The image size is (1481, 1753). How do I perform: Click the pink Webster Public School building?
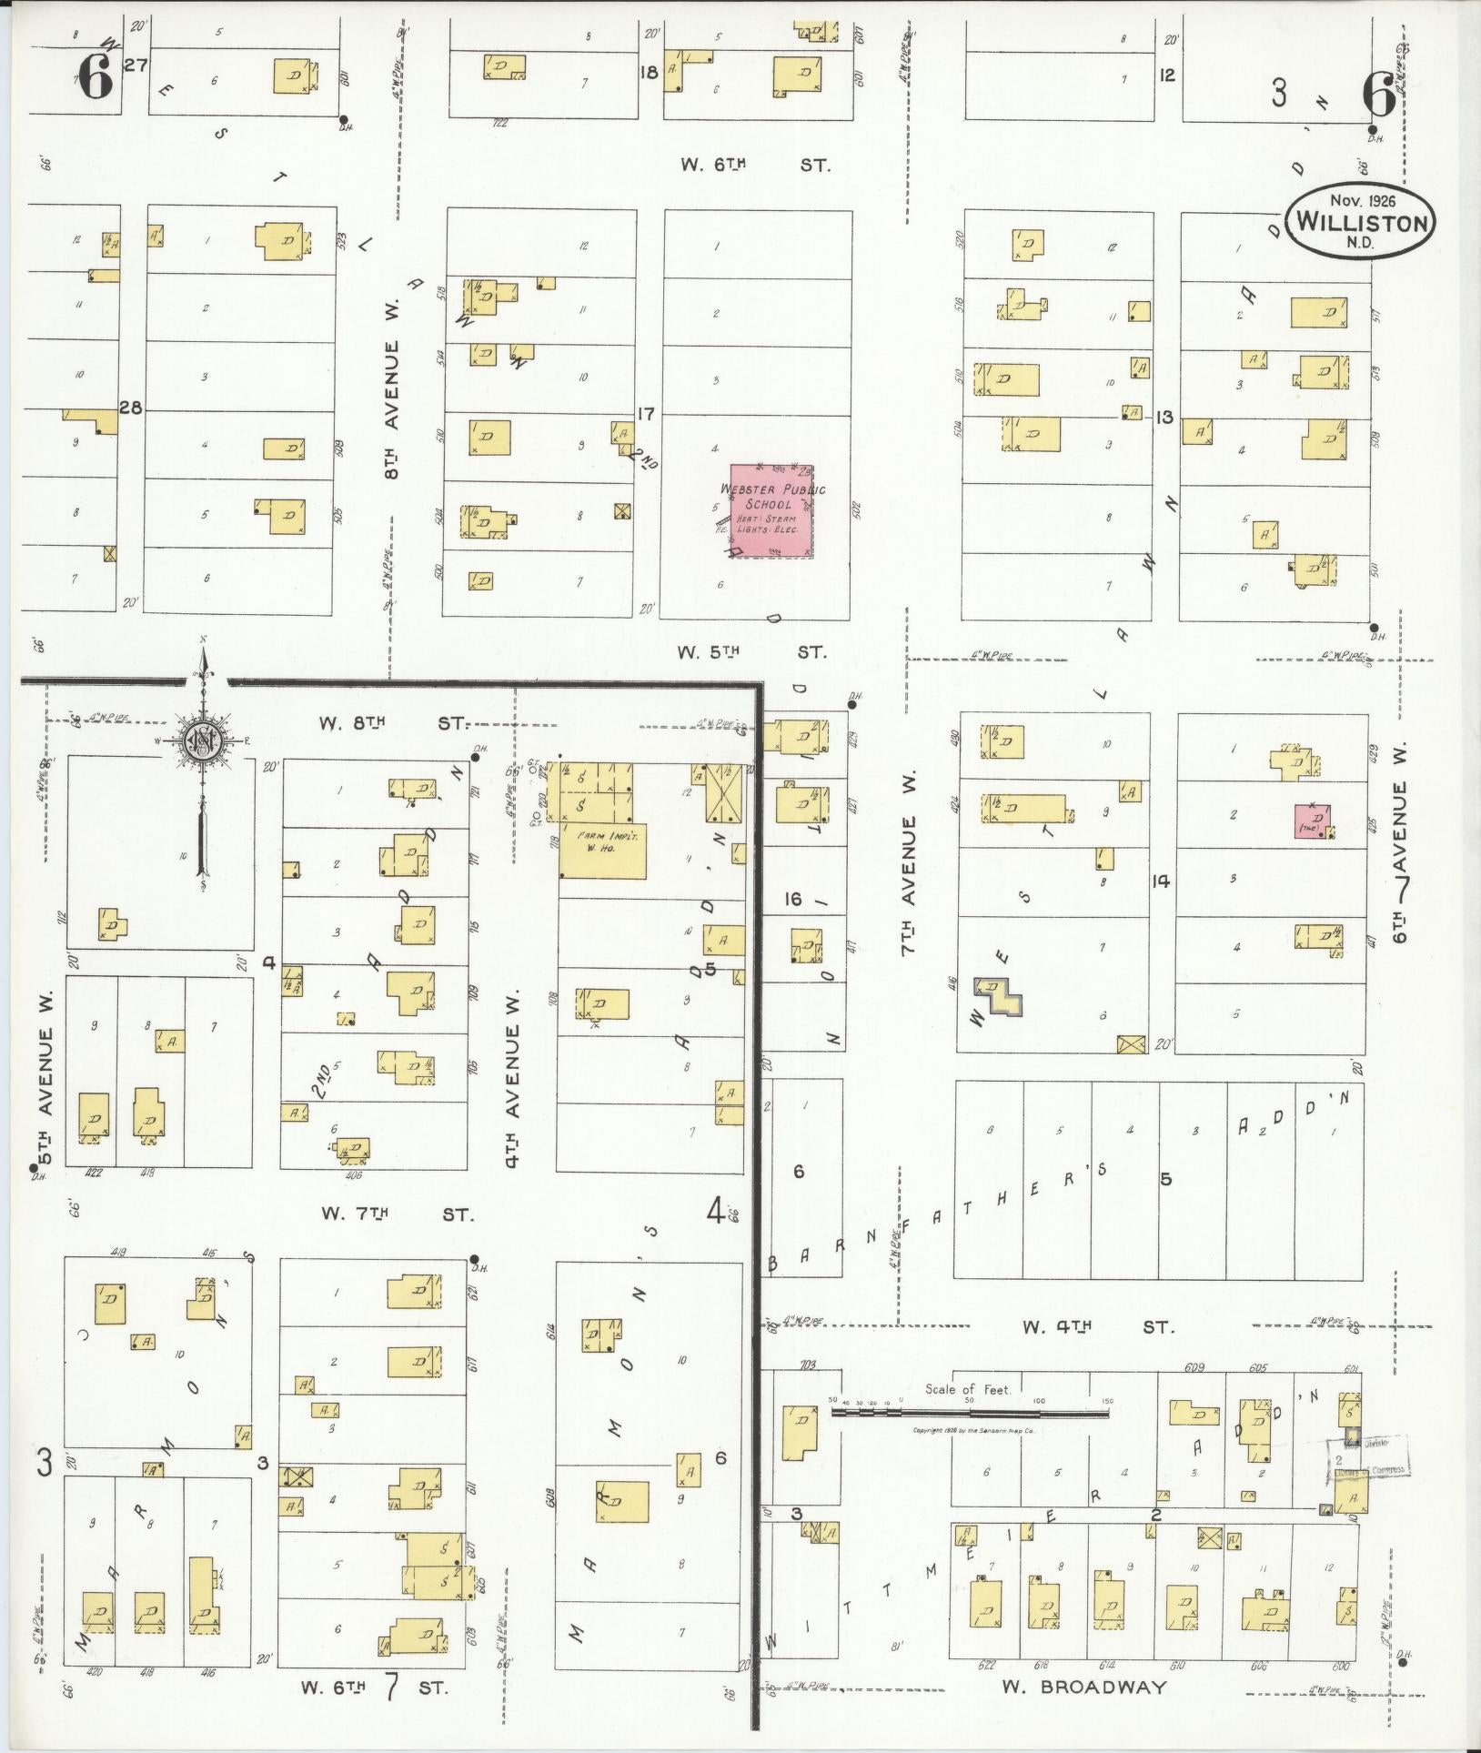(x=771, y=511)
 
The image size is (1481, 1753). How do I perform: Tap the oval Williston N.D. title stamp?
(x=1361, y=221)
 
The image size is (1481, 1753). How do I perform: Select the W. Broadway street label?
(x=1083, y=1688)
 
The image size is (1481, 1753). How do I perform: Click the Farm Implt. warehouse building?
(x=603, y=851)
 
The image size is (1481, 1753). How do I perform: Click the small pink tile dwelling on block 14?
(x=1314, y=821)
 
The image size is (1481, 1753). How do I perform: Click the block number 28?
(x=131, y=408)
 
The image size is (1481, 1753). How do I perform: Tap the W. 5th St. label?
(x=751, y=652)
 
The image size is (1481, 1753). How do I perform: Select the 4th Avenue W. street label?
(x=514, y=1078)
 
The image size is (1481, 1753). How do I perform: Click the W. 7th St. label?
(x=397, y=1214)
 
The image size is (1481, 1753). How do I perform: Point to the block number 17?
(x=646, y=414)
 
